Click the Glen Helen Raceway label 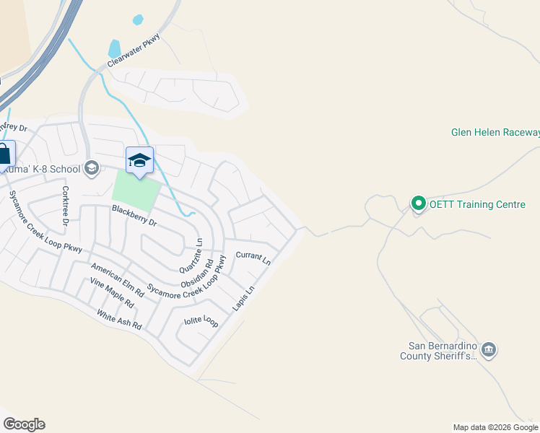point(495,133)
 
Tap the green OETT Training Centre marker point(418,204)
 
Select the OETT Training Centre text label point(477,204)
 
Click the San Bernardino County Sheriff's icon point(489,350)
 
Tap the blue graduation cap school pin point(139,160)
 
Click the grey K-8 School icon point(91,168)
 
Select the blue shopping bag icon point(4,154)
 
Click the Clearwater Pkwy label point(133,51)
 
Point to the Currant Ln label point(253,258)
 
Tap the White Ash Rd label point(120,321)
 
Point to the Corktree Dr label point(65,206)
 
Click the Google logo point(24,424)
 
